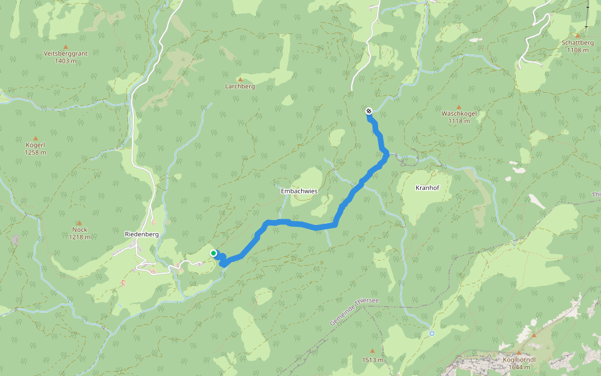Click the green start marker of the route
[213, 253]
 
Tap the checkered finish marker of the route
[369, 111]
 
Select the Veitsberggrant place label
[66, 54]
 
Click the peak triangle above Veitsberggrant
[66, 46]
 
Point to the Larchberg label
[240, 86]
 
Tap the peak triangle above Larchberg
[240, 79]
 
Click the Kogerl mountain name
[35, 145]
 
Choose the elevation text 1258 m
[35, 152]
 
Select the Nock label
[80, 229]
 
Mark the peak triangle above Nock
[80, 222]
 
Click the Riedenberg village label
[141, 234]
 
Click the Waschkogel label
[459, 113]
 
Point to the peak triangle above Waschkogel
[459, 107]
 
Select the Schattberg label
[577, 43]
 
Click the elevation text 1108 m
[577, 50]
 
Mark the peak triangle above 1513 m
[372, 352]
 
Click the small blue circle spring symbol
[431, 333]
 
